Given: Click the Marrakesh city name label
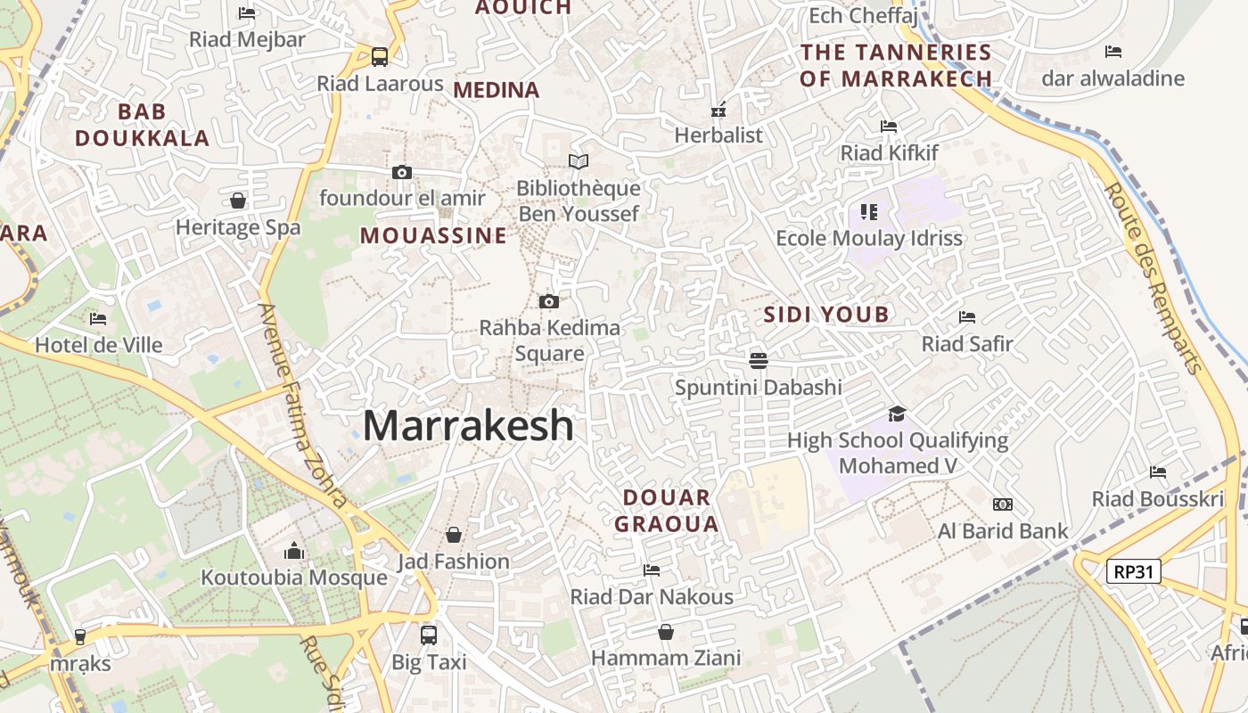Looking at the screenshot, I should [468, 425].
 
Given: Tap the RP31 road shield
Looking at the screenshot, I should [1134, 571].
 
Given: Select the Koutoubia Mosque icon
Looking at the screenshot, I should [294, 552].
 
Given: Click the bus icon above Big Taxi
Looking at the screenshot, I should [429, 635].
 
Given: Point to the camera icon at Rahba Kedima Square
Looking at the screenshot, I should [549, 302].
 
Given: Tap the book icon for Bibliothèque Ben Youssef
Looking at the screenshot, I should [579, 161].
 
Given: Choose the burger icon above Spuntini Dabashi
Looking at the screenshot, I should [759, 361].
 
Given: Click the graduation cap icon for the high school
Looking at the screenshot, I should [897, 414].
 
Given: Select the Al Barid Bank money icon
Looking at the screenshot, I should [1003, 504].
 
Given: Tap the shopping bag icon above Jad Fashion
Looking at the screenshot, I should [454, 535].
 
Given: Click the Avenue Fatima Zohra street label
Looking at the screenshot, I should [302, 406].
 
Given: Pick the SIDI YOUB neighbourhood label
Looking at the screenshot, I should [826, 314].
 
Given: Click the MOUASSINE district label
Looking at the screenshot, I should [433, 236].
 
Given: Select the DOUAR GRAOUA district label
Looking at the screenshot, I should [666, 511].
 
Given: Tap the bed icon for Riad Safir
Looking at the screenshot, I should [967, 317].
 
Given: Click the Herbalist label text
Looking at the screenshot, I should [718, 135].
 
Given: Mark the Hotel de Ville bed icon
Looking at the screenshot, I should [98, 318].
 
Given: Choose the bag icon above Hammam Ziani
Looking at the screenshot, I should [666, 632].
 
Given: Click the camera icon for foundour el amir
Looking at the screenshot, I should [402, 172].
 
